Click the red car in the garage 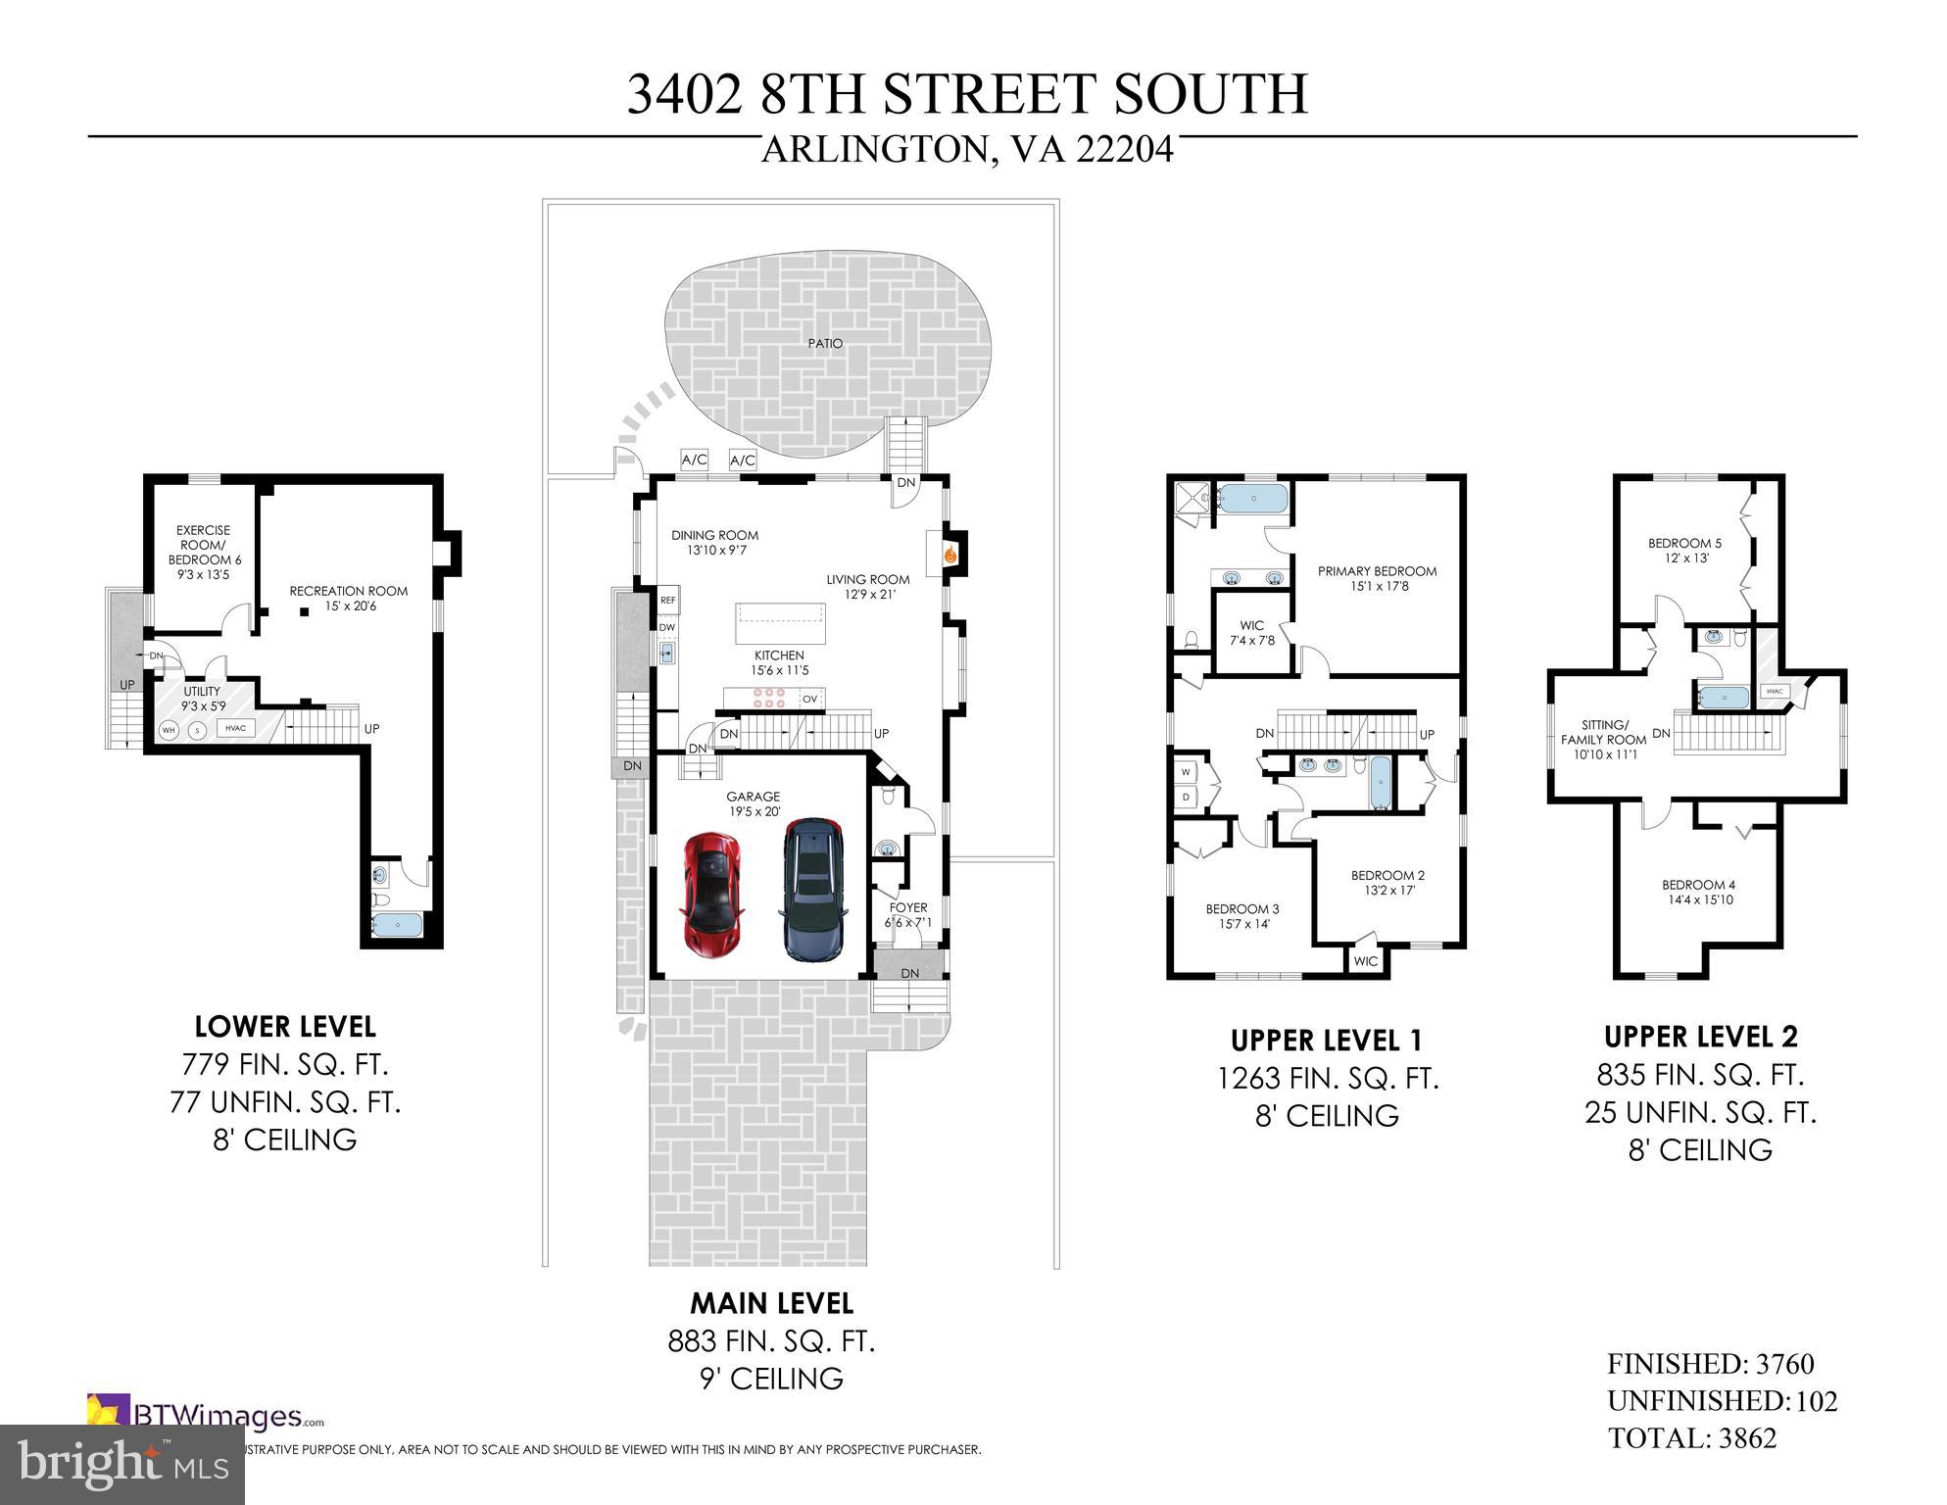click(x=712, y=895)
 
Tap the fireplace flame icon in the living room click(x=949, y=555)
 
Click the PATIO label click(x=825, y=344)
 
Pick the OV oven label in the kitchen click(x=809, y=700)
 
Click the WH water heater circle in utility click(x=169, y=730)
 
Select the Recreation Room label click(x=348, y=592)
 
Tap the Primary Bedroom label click(x=1377, y=572)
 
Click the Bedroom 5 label click(x=1684, y=544)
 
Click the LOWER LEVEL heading click(x=285, y=1027)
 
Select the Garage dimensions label click(x=754, y=812)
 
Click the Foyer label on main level click(x=908, y=907)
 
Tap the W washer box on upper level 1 click(x=1186, y=772)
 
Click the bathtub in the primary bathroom click(x=1253, y=500)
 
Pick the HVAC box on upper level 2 click(x=1775, y=692)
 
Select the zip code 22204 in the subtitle click(x=1125, y=150)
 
